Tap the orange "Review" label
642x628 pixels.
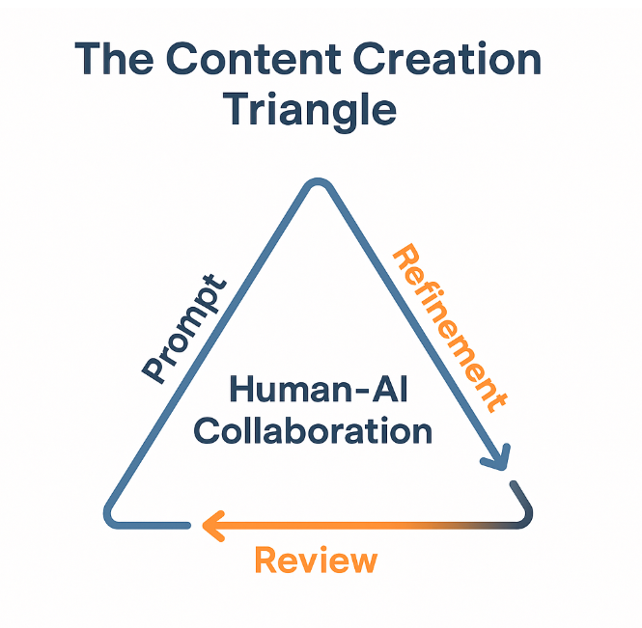315,560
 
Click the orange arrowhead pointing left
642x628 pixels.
212,526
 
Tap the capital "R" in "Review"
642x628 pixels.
266,560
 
